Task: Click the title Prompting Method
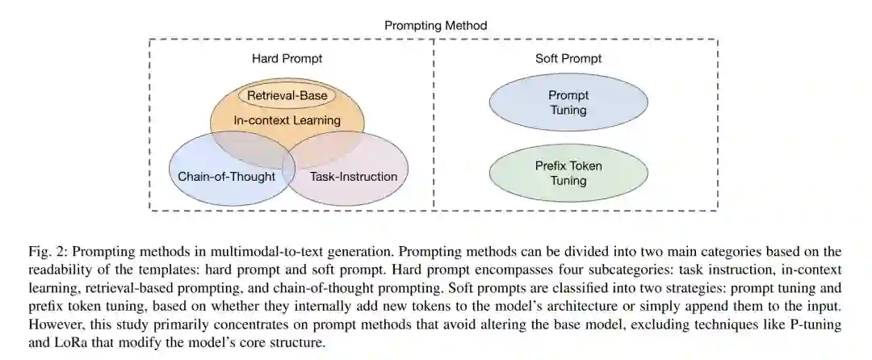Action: tap(436, 25)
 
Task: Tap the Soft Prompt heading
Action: tap(568, 58)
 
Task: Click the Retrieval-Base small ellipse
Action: tap(287, 96)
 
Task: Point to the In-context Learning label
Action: tap(287, 120)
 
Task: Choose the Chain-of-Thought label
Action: tap(226, 176)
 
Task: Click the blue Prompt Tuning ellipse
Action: tap(568, 103)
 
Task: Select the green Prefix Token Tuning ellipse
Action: tap(568, 173)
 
